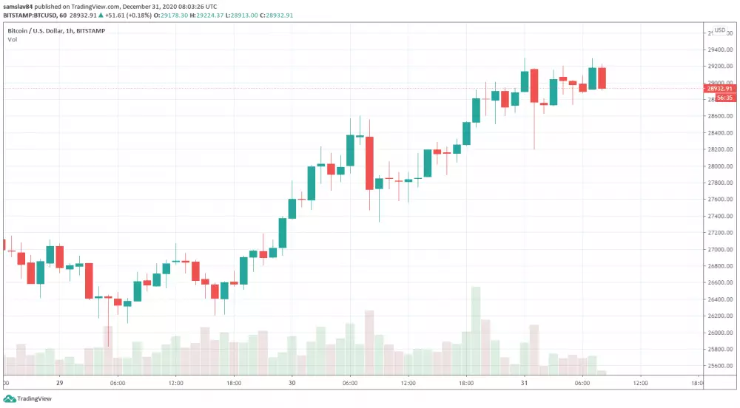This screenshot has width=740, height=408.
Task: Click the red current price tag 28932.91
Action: [719, 89]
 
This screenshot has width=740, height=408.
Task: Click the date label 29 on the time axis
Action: [59, 384]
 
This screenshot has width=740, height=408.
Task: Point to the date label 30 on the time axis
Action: [292, 384]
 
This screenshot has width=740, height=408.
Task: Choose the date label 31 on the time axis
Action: [525, 384]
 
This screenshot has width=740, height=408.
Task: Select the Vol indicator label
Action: [13, 39]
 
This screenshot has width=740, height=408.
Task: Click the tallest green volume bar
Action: [476, 333]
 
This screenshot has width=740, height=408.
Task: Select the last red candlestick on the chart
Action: [602, 78]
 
